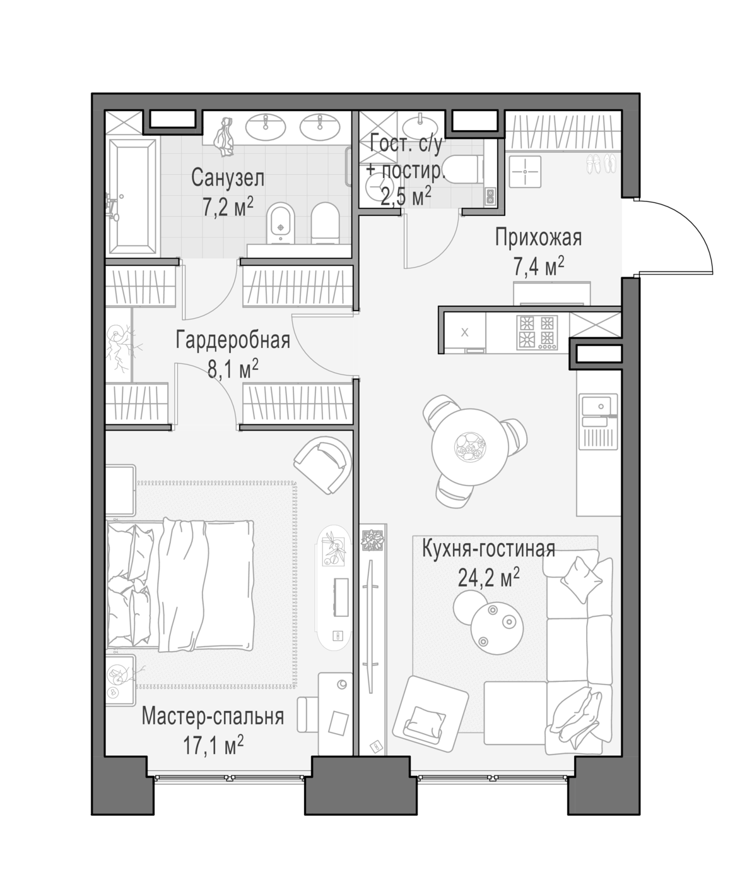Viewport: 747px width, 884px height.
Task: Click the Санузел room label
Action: (227, 178)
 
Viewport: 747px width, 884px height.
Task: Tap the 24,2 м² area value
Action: (488, 578)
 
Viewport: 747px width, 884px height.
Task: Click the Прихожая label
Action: (538, 237)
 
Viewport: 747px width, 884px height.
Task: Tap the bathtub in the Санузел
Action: (133, 197)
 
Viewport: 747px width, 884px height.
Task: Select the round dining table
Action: (470, 446)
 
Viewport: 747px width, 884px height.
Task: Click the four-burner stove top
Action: (537, 332)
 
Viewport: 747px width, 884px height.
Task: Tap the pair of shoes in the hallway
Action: (602, 164)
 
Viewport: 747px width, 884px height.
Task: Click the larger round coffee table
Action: (497, 628)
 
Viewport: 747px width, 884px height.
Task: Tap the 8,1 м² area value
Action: (233, 369)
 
